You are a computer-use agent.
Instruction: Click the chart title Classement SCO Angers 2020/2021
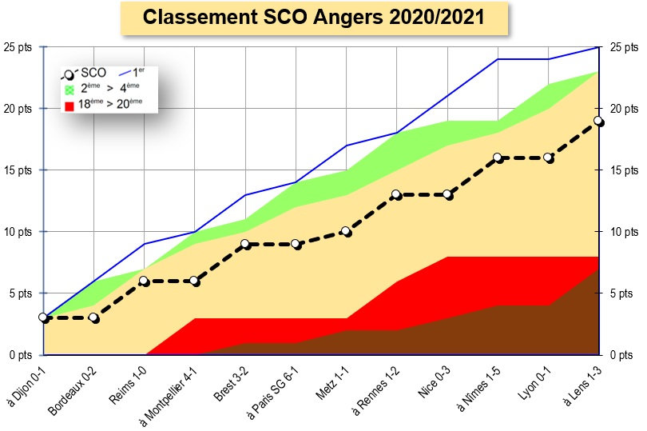pos(313,18)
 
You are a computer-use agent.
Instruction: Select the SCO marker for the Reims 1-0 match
pos(145,281)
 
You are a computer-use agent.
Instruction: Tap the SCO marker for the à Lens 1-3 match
pos(599,122)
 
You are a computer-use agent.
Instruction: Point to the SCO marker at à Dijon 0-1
pos(44,317)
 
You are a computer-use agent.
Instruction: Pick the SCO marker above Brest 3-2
pos(246,244)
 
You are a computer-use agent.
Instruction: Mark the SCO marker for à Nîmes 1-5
pos(498,158)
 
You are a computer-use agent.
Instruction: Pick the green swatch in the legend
pos(69,90)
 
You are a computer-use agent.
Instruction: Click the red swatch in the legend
pos(69,105)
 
